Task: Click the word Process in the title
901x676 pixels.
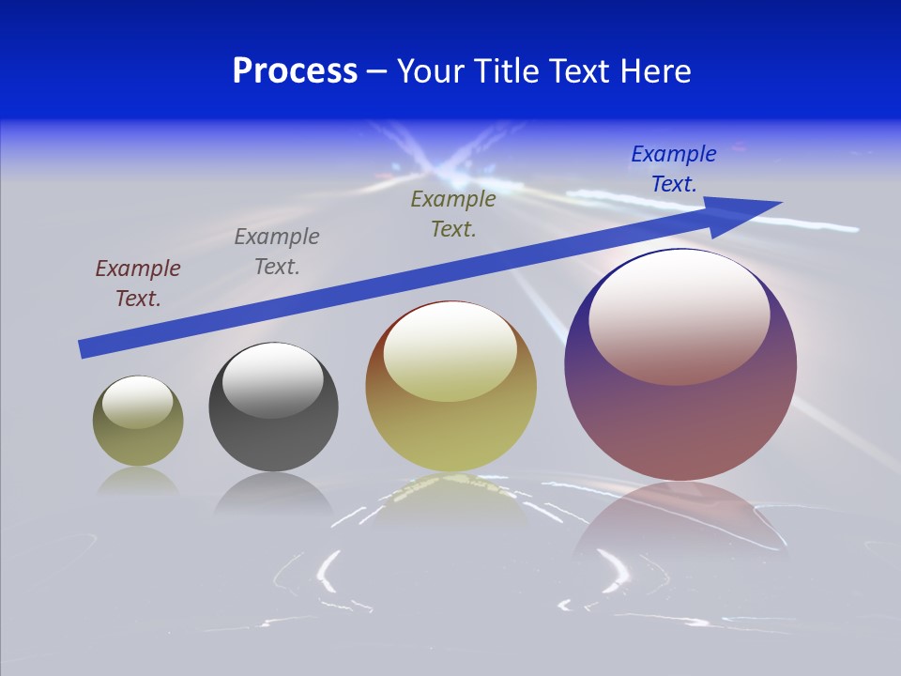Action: (295, 71)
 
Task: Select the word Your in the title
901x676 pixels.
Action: (435, 71)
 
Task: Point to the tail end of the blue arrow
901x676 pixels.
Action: (86, 348)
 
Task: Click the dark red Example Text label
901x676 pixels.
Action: (138, 284)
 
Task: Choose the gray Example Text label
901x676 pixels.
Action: (277, 252)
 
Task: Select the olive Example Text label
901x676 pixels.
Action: (453, 214)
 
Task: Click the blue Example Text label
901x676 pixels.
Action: (674, 169)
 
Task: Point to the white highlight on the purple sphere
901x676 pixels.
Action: (679, 315)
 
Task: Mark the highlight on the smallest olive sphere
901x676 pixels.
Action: (137, 402)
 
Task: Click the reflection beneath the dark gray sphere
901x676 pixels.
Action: (273, 492)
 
